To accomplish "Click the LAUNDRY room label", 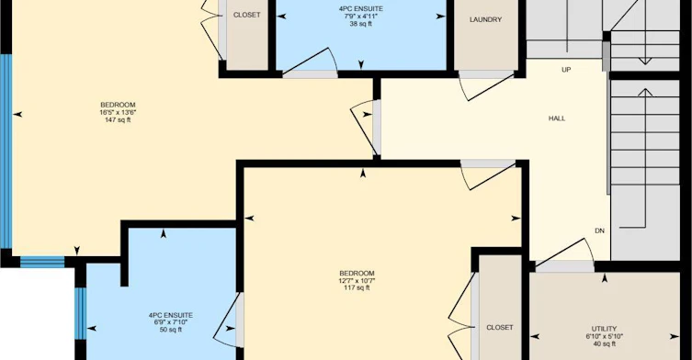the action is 485,20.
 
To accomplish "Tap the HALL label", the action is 557,118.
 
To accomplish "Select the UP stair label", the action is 566,70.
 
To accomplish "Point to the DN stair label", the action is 599,231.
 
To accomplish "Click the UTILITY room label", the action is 604,329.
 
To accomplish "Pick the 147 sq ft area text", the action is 118,120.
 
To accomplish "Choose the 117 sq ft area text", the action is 357,288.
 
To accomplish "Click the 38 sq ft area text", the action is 361,24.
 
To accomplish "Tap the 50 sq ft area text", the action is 170,330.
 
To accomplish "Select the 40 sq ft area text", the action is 604,343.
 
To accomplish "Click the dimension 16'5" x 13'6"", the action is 118,112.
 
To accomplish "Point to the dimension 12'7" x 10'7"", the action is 357,281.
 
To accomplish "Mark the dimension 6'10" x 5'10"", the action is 604,336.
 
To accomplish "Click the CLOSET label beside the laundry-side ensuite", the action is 246,15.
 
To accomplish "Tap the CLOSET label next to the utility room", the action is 500,327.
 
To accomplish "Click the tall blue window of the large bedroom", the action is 6,151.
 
